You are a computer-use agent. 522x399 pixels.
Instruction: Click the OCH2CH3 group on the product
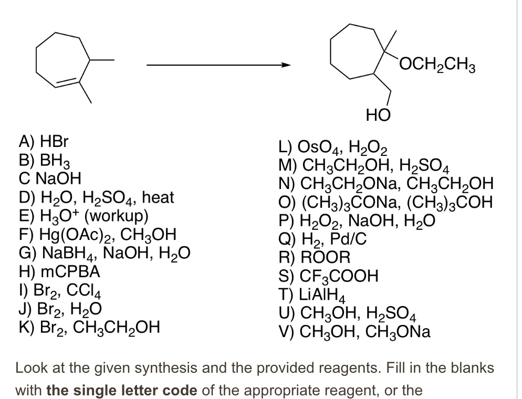436,68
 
